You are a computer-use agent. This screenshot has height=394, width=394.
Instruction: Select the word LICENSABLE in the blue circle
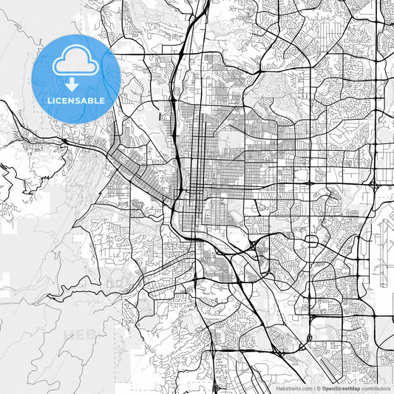pyautogui.click(x=76, y=101)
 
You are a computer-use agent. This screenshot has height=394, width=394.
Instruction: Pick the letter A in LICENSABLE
pyautogui.click(x=86, y=101)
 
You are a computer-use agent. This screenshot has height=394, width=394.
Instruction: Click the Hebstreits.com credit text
pyautogui.click(x=293, y=387)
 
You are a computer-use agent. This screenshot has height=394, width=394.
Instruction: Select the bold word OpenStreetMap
pyautogui.click(x=340, y=387)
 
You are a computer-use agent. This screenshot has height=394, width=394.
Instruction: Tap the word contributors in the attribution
pyautogui.click(x=376, y=387)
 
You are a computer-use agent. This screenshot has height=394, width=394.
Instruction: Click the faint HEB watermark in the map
pyautogui.click(x=80, y=334)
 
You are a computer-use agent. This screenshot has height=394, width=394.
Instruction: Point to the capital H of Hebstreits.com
pyautogui.click(x=277, y=387)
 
